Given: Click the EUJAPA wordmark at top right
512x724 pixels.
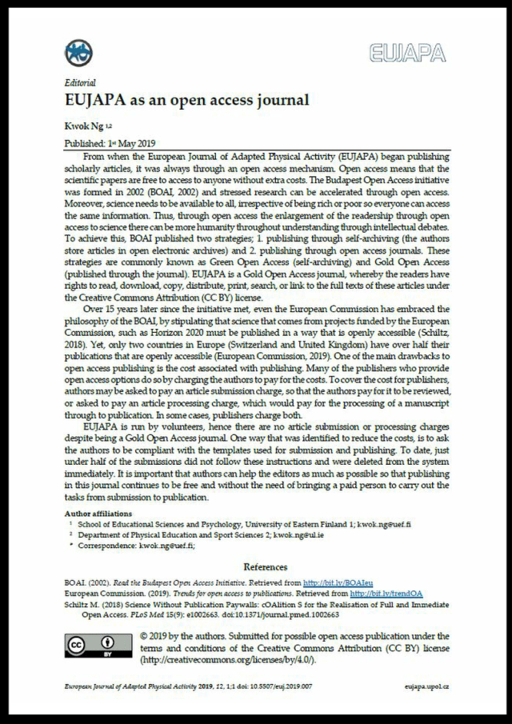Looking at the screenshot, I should (407, 54).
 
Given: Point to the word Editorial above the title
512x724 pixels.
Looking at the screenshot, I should (80, 82).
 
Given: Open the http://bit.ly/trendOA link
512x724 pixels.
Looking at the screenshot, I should (378, 594).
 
